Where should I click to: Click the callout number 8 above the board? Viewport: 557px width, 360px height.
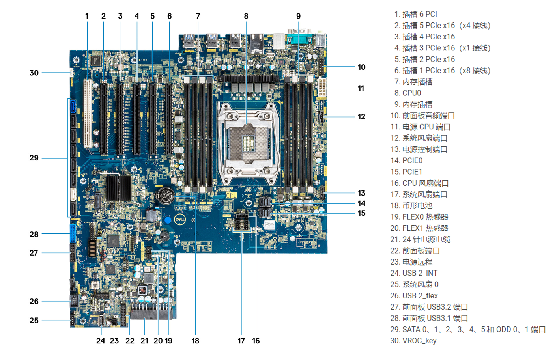tap(246, 16)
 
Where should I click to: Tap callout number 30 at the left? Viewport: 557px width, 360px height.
tap(34, 73)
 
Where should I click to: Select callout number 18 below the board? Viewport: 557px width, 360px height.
tap(195, 341)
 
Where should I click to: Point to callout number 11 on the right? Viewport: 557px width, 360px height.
tap(361, 88)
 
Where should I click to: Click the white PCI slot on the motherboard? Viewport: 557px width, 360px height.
tap(88, 114)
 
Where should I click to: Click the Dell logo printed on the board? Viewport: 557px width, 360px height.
tap(180, 219)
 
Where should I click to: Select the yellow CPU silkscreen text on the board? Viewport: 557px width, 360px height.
tap(231, 196)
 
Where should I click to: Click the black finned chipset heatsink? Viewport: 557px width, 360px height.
tap(119, 188)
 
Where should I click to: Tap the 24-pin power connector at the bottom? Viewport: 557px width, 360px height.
tap(151, 312)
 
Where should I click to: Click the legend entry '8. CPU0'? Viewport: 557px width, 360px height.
tap(407, 93)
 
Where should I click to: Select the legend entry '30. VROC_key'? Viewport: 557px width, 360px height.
tap(413, 341)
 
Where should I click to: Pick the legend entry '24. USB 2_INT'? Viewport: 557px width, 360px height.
tap(414, 273)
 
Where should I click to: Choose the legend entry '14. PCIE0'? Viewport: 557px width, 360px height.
tap(406, 160)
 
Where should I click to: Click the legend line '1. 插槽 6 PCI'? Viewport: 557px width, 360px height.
tap(415, 14)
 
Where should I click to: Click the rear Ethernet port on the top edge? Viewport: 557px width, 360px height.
tap(257, 43)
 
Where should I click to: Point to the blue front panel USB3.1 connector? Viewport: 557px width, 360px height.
tap(73, 233)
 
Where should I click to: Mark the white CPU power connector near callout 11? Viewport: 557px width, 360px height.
tap(321, 87)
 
